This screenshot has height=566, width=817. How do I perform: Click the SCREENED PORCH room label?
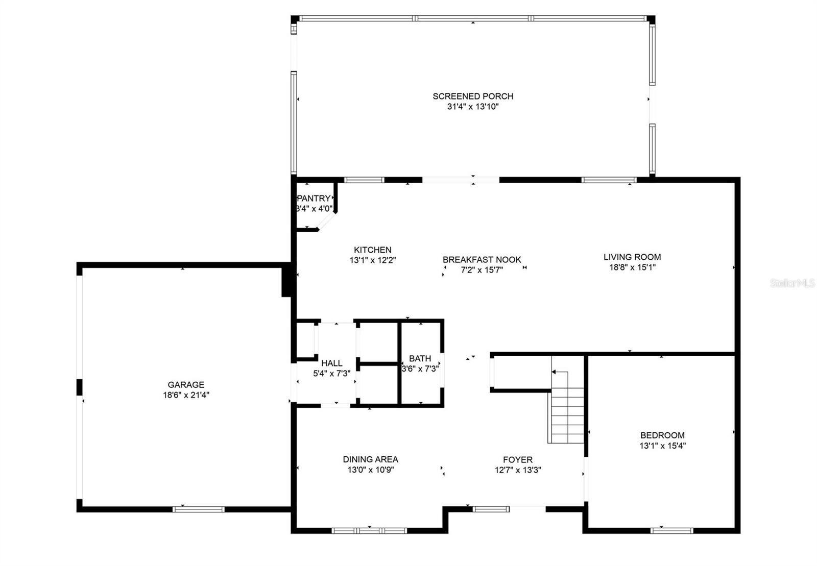point(473,96)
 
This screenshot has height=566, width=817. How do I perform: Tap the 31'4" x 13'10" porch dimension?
point(473,107)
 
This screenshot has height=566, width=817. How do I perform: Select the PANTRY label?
point(314,198)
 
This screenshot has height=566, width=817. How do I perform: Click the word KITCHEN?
point(372,250)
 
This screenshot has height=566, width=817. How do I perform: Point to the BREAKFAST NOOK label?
point(482,259)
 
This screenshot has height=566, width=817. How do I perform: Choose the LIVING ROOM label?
point(632,257)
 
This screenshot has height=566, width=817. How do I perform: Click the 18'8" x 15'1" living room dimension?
point(632,267)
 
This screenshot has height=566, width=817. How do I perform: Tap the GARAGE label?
point(186,384)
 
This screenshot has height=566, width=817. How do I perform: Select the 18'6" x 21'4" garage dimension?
point(186,395)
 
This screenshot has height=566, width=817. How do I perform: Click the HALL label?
point(331,363)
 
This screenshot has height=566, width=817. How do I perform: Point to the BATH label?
point(420,358)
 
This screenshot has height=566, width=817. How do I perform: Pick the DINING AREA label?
point(370,459)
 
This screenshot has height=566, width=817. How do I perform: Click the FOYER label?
point(518,459)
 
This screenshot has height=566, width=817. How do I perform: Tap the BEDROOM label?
point(662,435)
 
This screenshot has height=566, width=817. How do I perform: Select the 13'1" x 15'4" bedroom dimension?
point(662,446)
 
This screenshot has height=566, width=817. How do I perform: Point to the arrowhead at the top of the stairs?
point(554,372)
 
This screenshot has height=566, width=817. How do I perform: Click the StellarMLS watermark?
point(792,283)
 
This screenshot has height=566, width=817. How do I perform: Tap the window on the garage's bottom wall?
point(199,509)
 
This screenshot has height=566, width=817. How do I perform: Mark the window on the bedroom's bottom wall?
point(671,531)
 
